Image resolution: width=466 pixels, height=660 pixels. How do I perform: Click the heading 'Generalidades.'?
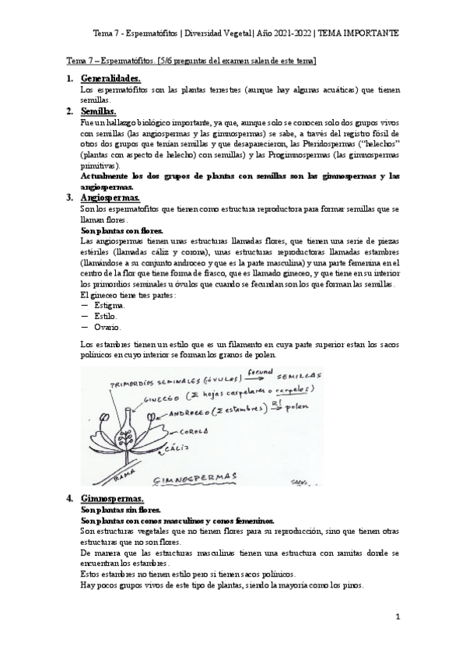click(111, 79)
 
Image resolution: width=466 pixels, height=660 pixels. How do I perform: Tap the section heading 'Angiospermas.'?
click(110, 198)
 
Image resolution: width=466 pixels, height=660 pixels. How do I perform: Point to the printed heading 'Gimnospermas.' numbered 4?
click(111, 498)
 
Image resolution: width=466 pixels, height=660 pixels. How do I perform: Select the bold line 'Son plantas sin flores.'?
click(121, 510)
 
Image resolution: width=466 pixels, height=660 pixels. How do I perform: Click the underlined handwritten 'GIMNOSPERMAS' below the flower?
click(195, 475)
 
